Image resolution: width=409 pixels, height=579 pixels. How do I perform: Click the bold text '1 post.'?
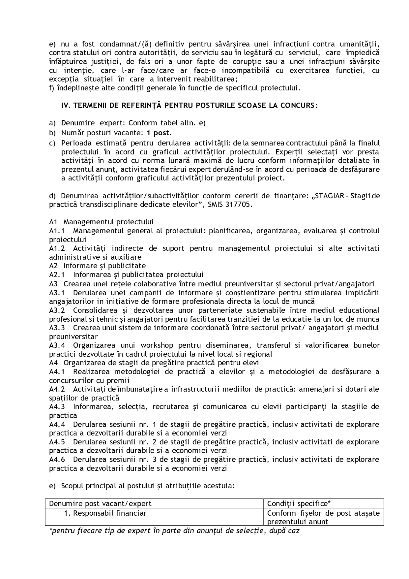pos(159,133)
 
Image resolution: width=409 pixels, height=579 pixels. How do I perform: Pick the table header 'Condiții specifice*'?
pos(299,503)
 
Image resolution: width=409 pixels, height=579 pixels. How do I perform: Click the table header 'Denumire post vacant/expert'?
pos(100,503)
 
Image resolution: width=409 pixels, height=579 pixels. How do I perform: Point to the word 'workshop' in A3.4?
pos(157,345)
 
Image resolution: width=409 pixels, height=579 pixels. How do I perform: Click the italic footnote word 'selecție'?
pos(250,531)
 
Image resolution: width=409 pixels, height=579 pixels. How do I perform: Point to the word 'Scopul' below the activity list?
pos(72,486)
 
